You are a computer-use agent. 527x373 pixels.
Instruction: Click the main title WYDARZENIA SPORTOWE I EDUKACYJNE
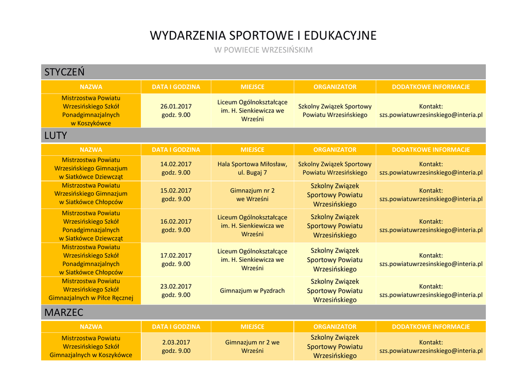[x=263, y=35]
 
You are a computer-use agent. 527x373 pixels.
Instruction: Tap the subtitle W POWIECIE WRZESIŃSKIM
[x=263, y=50]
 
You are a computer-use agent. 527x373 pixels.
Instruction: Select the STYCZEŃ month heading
[x=64, y=72]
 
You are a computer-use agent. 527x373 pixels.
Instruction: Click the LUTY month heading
[x=56, y=135]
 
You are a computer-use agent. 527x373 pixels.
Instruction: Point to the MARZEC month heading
[x=64, y=312]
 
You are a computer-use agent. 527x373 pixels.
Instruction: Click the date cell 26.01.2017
[x=176, y=111]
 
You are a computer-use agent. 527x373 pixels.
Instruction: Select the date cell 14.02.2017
[x=176, y=168]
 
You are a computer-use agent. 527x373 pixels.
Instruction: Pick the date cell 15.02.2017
[x=176, y=194]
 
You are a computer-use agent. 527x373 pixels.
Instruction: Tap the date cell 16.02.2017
[x=176, y=226]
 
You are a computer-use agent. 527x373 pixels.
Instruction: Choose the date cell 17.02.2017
[x=176, y=259]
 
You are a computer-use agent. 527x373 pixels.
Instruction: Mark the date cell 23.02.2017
[x=176, y=291]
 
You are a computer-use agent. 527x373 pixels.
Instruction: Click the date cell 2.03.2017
[x=176, y=346]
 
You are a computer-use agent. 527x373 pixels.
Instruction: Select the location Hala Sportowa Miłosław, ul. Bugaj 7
[x=252, y=168]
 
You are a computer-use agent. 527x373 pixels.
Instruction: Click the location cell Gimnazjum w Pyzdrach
[x=252, y=291]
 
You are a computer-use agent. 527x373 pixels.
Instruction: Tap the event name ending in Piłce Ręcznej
[x=91, y=290]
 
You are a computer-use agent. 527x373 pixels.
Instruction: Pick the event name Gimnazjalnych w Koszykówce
[x=91, y=346]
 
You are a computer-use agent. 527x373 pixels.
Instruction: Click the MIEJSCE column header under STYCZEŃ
[x=252, y=87]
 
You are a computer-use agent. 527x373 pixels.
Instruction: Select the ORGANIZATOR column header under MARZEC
[x=335, y=327]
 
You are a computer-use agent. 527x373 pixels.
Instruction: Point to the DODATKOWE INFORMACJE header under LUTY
[x=431, y=150]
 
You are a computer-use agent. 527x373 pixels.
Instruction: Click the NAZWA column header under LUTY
[x=91, y=150]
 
